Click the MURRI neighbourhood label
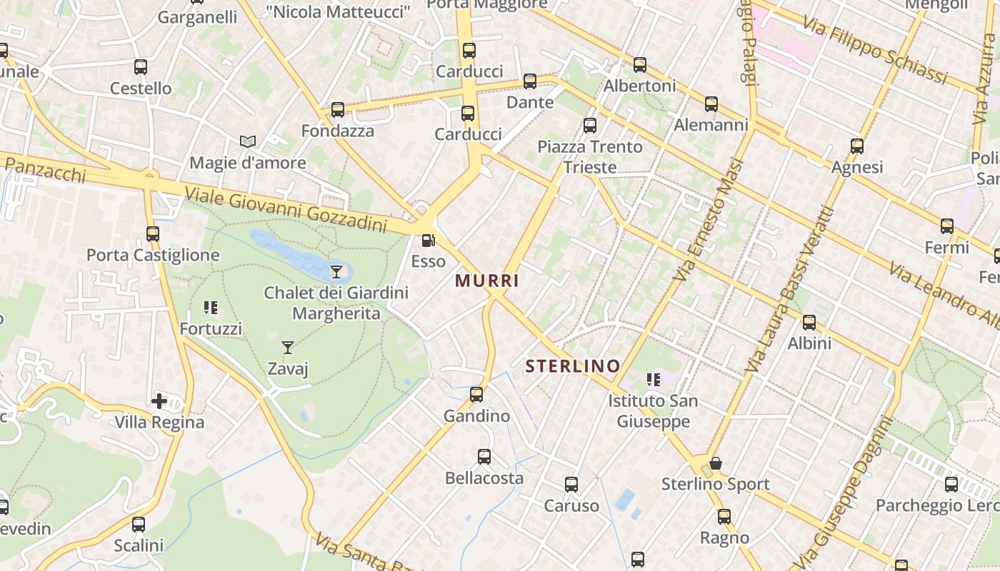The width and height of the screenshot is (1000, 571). pyautogui.click(x=487, y=281)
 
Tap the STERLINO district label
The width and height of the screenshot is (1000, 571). pyautogui.click(x=573, y=367)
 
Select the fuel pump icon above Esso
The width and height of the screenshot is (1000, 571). pyautogui.click(x=428, y=241)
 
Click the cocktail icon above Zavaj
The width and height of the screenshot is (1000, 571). pyautogui.click(x=288, y=348)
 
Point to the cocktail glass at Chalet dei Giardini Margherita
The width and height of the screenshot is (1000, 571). pyautogui.click(x=336, y=271)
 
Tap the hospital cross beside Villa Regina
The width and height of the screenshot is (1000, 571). pyautogui.click(x=159, y=401)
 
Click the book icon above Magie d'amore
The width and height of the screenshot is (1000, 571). pyautogui.click(x=248, y=142)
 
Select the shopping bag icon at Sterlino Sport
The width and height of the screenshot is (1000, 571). pyautogui.click(x=715, y=464)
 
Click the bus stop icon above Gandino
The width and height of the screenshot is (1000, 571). pyautogui.click(x=476, y=395)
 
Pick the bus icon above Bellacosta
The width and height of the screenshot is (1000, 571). pyautogui.click(x=484, y=457)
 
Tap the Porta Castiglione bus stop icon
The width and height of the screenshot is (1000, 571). pyautogui.click(x=152, y=233)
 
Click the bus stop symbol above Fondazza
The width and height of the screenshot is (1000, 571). pyautogui.click(x=338, y=110)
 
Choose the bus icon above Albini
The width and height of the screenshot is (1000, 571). pyautogui.click(x=809, y=323)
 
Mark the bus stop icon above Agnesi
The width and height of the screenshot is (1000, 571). pyautogui.click(x=857, y=146)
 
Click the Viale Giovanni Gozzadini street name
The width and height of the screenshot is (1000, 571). pyautogui.click(x=285, y=209)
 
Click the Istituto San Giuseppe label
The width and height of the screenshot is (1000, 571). pyautogui.click(x=653, y=411)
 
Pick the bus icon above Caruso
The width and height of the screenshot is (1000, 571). pyautogui.click(x=571, y=485)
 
